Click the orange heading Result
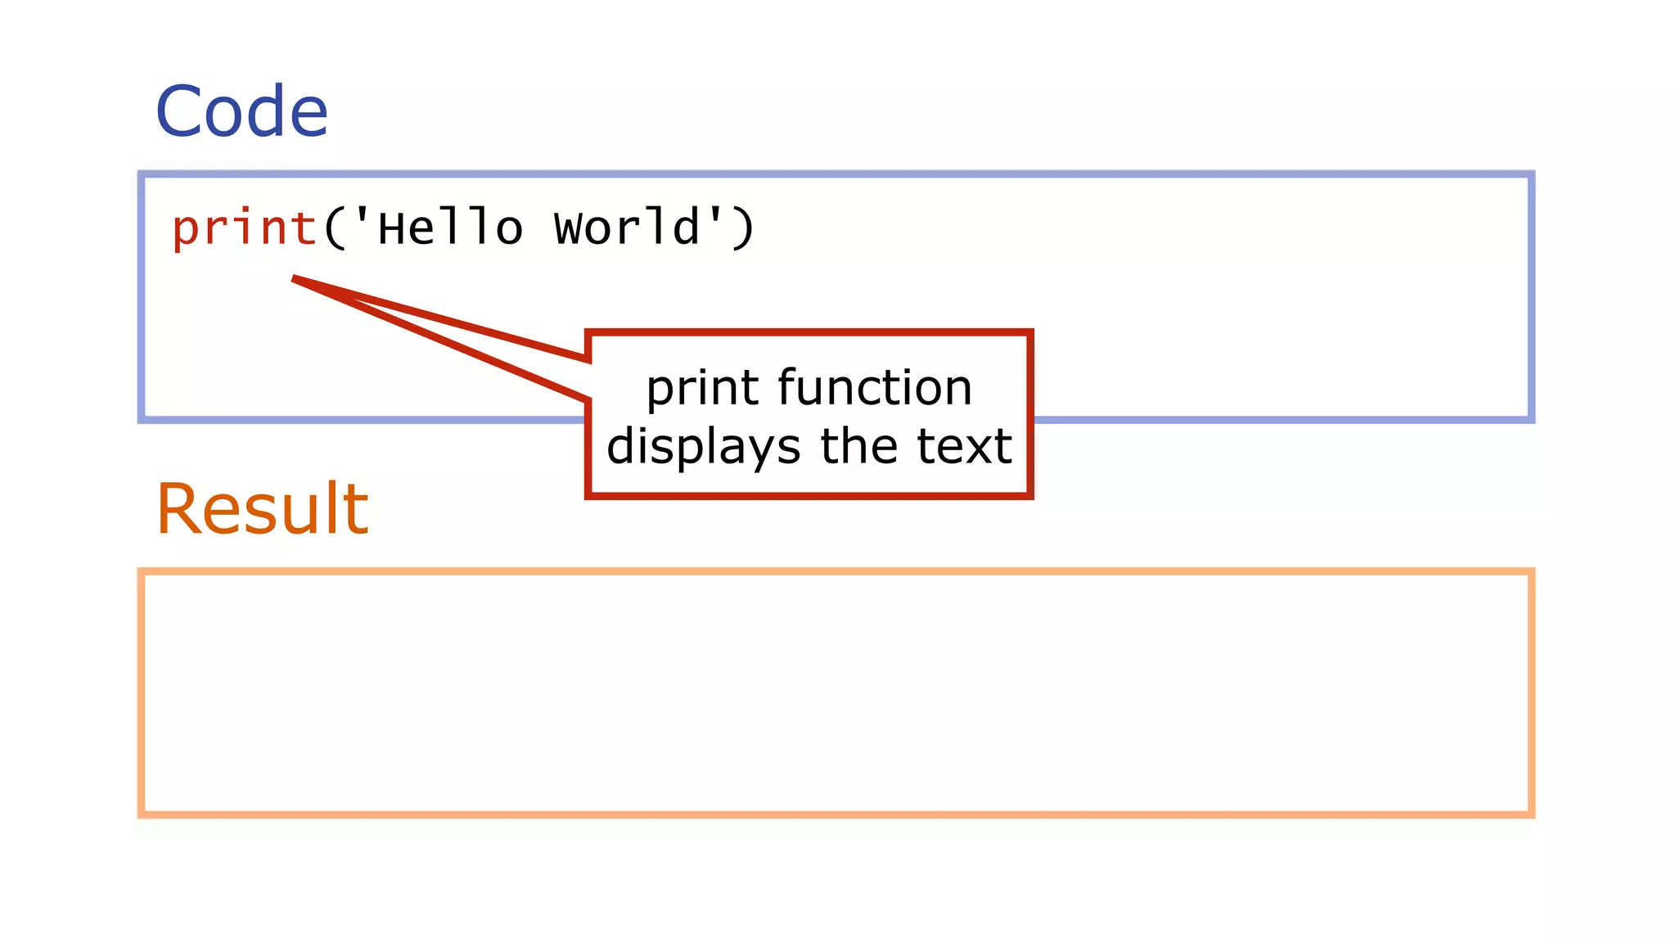click(x=262, y=509)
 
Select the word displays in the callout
click(x=703, y=447)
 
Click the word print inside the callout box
click(x=705, y=389)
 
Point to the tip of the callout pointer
click(x=294, y=279)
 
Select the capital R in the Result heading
click(x=178, y=509)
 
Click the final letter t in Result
click(x=358, y=511)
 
